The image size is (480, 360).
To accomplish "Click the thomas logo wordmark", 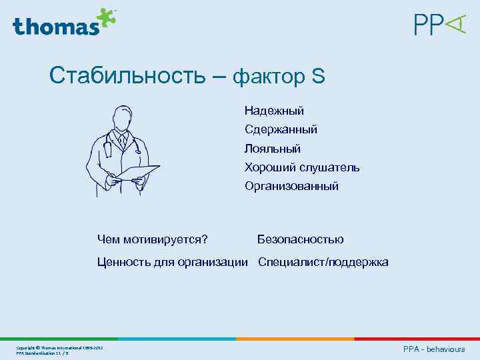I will coord(55,26).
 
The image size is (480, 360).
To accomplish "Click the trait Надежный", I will coord(274,110).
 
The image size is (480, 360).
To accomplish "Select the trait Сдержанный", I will coord(280,129).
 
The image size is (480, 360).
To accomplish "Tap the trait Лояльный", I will coord(272,148).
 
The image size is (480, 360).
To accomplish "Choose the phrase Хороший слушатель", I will coord(301,167).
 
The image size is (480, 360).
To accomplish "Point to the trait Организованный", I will coord(291,186).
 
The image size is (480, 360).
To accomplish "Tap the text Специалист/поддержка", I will coord(323,262).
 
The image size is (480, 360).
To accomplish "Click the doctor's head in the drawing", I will coord(122,118).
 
